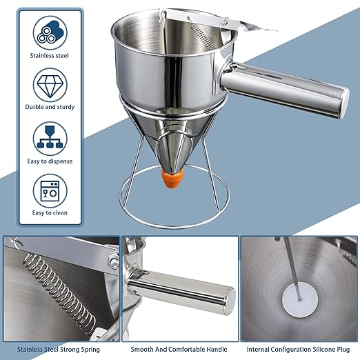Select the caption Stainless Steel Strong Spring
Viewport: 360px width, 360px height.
click(x=61, y=349)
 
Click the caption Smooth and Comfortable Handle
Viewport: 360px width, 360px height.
click(x=180, y=349)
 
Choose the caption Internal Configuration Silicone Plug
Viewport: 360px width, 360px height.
click(x=299, y=349)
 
